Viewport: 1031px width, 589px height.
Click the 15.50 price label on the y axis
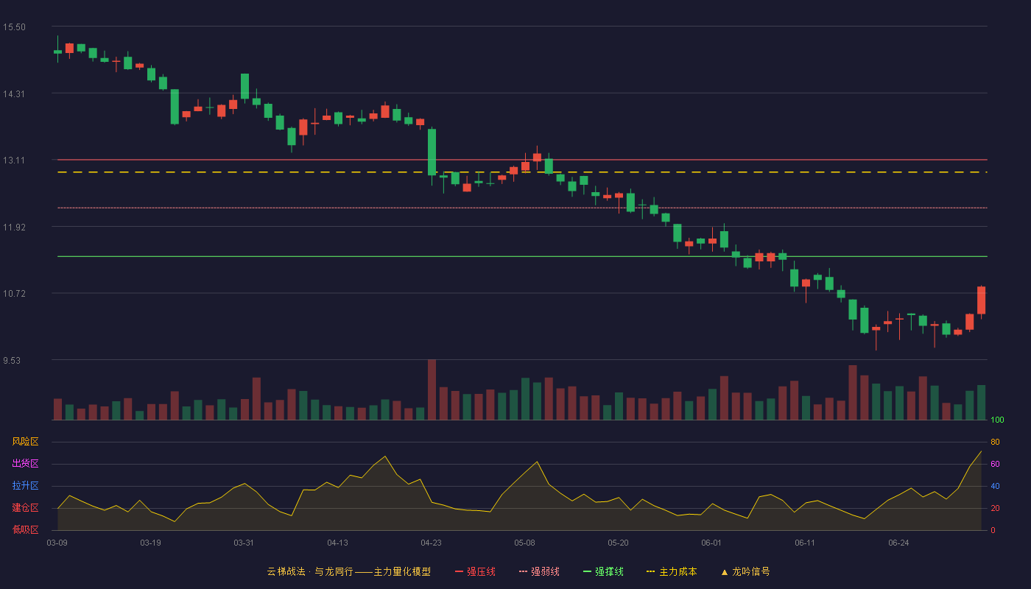(x=14, y=27)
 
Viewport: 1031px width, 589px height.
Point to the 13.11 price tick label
(x=14, y=161)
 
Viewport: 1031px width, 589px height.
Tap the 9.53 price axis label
(x=12, y=360)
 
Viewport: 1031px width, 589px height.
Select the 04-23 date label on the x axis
(x=431, y=543)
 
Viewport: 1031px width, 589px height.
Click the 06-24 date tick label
(x=898, y=543)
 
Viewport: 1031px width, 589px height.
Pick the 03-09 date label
(x=57, y=543)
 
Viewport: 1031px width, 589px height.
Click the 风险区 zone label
(x=25, y=442)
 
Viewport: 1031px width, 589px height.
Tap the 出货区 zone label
(x=25, y=463)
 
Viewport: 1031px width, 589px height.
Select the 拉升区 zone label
(x=25, y=485)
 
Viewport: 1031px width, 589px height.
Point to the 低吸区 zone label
(x=25, y=529)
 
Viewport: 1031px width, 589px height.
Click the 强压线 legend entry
(x=475, y=571)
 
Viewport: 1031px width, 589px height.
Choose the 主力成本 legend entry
(x=672, y=571)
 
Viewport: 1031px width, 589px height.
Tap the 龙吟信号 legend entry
(x=745, y=571)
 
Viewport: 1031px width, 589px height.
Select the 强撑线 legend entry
(x=603, y=571)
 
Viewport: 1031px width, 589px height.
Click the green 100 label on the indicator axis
(x=997, y=420)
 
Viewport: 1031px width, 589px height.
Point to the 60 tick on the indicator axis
(x=995, y=464)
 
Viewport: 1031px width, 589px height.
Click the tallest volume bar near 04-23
(x=432, y=389)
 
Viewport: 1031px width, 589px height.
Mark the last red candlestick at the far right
(x=981, y=300)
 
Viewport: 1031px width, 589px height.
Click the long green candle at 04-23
(x=432, y=152)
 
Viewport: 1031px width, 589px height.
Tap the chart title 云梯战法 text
(x=286, y=571)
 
